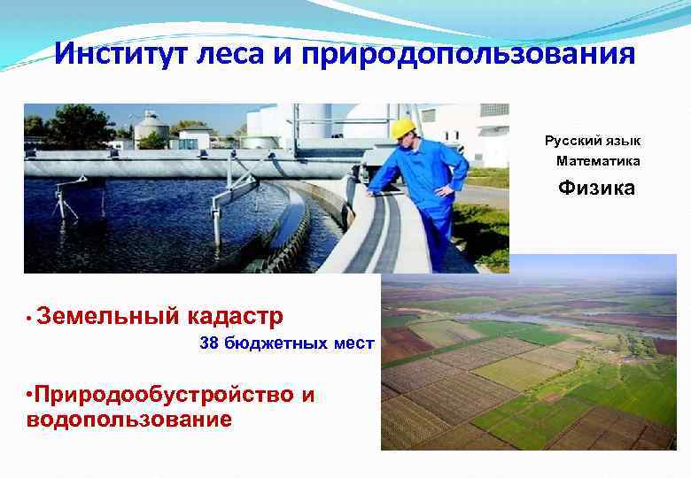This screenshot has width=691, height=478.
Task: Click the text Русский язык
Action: [x=593, y=142]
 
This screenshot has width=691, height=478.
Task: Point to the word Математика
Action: [x=598, y=161]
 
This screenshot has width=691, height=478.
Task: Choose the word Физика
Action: [x=596, y=188]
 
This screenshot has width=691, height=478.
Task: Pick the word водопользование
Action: [x=129, y=419]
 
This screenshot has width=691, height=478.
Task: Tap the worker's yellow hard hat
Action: [x=403, y=128]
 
